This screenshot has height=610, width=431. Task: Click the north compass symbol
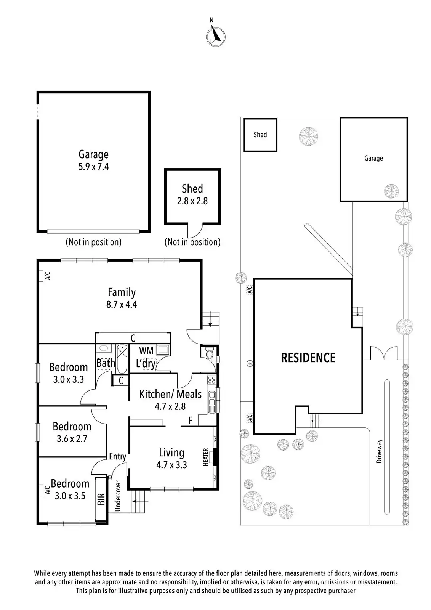click(216, 36)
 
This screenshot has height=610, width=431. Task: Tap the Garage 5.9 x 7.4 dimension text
click(94, 167)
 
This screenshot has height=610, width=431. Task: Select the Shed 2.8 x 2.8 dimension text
click(192, 201)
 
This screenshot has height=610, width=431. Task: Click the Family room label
click(122, 292)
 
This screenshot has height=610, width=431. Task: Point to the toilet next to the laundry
click(209, 354)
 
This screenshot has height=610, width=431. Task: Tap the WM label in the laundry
click(146, 350)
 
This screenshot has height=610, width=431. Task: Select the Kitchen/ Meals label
click(170, 394)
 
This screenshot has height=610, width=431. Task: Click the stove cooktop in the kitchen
click(212, 380)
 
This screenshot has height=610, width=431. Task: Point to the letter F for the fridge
click(191, 421)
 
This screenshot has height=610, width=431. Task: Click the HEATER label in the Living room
click(205, 457)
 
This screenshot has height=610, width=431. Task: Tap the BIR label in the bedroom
click(101, 499)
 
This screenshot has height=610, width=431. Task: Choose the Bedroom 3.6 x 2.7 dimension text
click(72, 439)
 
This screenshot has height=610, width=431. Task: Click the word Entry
click(117, 456)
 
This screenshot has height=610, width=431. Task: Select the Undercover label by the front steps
click(118, 496)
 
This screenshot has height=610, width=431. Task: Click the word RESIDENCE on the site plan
click(308, 358)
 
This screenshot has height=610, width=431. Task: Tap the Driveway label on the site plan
click(379, 451)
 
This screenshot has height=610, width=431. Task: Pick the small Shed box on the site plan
click(260, 135)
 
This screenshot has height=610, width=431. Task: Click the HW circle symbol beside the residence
click(250, 363)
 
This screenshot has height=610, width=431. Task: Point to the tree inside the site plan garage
click(391, 190)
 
